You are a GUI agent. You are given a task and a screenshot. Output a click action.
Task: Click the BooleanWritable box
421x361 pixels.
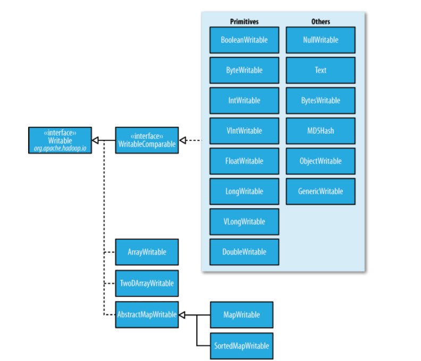click(x=244, y=40)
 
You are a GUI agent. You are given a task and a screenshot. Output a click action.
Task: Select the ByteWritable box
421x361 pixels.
click(x=244, y=70)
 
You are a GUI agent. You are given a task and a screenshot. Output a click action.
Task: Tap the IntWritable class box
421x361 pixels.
click(x=244, y=101)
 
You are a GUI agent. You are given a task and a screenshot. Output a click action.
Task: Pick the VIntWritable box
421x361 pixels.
click(x=244, y=131)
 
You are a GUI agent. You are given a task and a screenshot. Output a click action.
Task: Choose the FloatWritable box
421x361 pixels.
click(x=244, y=161)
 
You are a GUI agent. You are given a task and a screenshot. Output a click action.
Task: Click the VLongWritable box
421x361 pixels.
click(x=244, y=221)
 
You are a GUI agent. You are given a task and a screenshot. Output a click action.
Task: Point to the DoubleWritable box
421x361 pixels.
click(x=244, y=252)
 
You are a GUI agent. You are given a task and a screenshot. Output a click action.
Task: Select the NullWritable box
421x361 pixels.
click(x=321, y=40)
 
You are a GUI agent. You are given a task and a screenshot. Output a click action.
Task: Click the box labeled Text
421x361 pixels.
click(x=321, y=70)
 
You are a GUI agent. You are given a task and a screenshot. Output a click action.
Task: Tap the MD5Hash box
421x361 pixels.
click(x=321, y=131)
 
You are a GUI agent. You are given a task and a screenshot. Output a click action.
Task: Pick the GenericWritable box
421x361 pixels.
click(x=321, y=192)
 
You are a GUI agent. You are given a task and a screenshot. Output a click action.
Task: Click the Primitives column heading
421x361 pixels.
click(x=244, y=22)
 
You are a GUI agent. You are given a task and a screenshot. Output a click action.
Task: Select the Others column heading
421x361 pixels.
click(x=321, y=22)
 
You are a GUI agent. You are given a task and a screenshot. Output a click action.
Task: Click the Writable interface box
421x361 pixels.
click(x=60, y=141)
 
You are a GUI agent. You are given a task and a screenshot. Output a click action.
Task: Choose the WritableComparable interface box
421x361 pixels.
click(x=147, y=141)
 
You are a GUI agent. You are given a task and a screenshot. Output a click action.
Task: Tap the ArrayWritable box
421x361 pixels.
click(x=147, y=252)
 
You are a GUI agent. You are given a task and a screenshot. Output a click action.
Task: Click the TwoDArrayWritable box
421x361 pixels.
click(x=147, y=283)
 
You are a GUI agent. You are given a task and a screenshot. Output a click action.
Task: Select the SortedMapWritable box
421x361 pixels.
click(x=242, y=346)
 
